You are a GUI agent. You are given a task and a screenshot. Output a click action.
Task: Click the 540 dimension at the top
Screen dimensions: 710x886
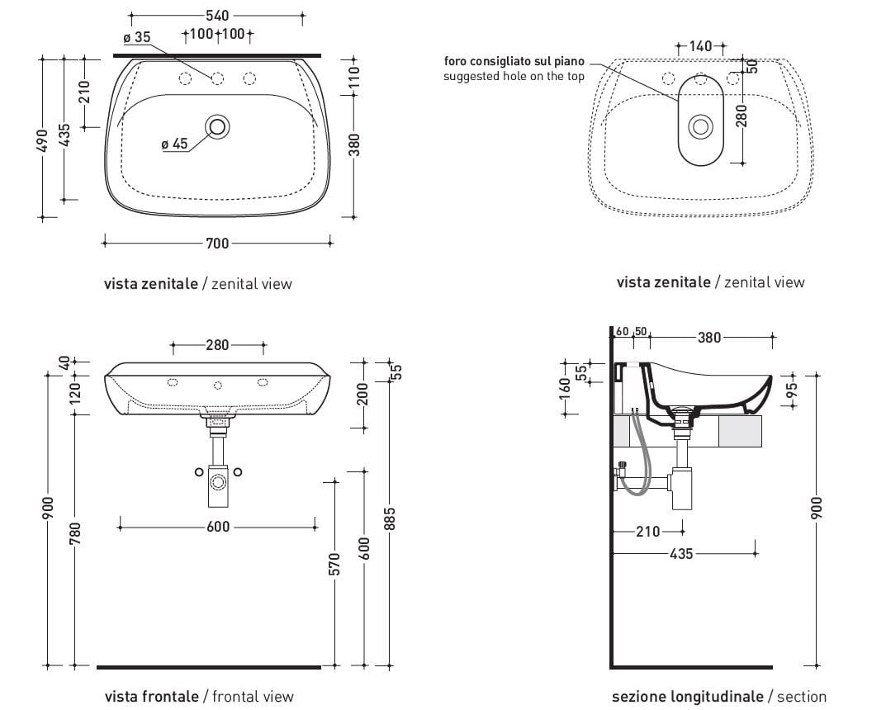tap(217, 16)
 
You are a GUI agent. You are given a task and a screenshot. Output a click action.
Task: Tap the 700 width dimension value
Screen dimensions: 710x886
tap(217, 243)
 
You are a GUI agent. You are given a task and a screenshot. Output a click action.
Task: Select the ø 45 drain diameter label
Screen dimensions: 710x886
tap(175, 144)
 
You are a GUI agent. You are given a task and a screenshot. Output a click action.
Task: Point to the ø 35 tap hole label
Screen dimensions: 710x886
tap(136, 37)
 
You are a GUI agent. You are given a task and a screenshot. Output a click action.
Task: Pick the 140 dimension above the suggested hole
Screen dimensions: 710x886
tap(699, 46)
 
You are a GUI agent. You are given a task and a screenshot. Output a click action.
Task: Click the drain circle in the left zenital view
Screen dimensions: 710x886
tap(219, 127)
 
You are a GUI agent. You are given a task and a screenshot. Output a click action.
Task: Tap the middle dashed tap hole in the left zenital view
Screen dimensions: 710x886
tap(218, 78)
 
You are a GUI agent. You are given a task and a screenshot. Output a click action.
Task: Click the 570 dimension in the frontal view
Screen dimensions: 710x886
tap(335, 565)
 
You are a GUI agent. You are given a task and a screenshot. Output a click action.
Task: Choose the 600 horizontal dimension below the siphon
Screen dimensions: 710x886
tap(217, 527)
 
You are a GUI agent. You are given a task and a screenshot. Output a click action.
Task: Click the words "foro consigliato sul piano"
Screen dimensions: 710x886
tap(514, 61)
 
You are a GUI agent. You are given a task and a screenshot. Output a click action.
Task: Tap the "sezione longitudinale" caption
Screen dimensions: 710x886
tap(687, 697)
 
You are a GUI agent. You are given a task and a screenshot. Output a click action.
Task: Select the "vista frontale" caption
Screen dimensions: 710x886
tap(151, 697)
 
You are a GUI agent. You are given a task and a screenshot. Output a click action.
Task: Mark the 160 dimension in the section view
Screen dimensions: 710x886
tap(565, 385)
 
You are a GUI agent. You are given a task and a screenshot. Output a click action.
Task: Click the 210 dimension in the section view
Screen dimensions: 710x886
tap(648, 532)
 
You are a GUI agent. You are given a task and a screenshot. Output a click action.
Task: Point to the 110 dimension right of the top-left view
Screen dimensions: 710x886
tap(354, 77)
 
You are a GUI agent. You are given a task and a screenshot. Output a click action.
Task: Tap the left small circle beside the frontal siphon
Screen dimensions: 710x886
tap(198, 471)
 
